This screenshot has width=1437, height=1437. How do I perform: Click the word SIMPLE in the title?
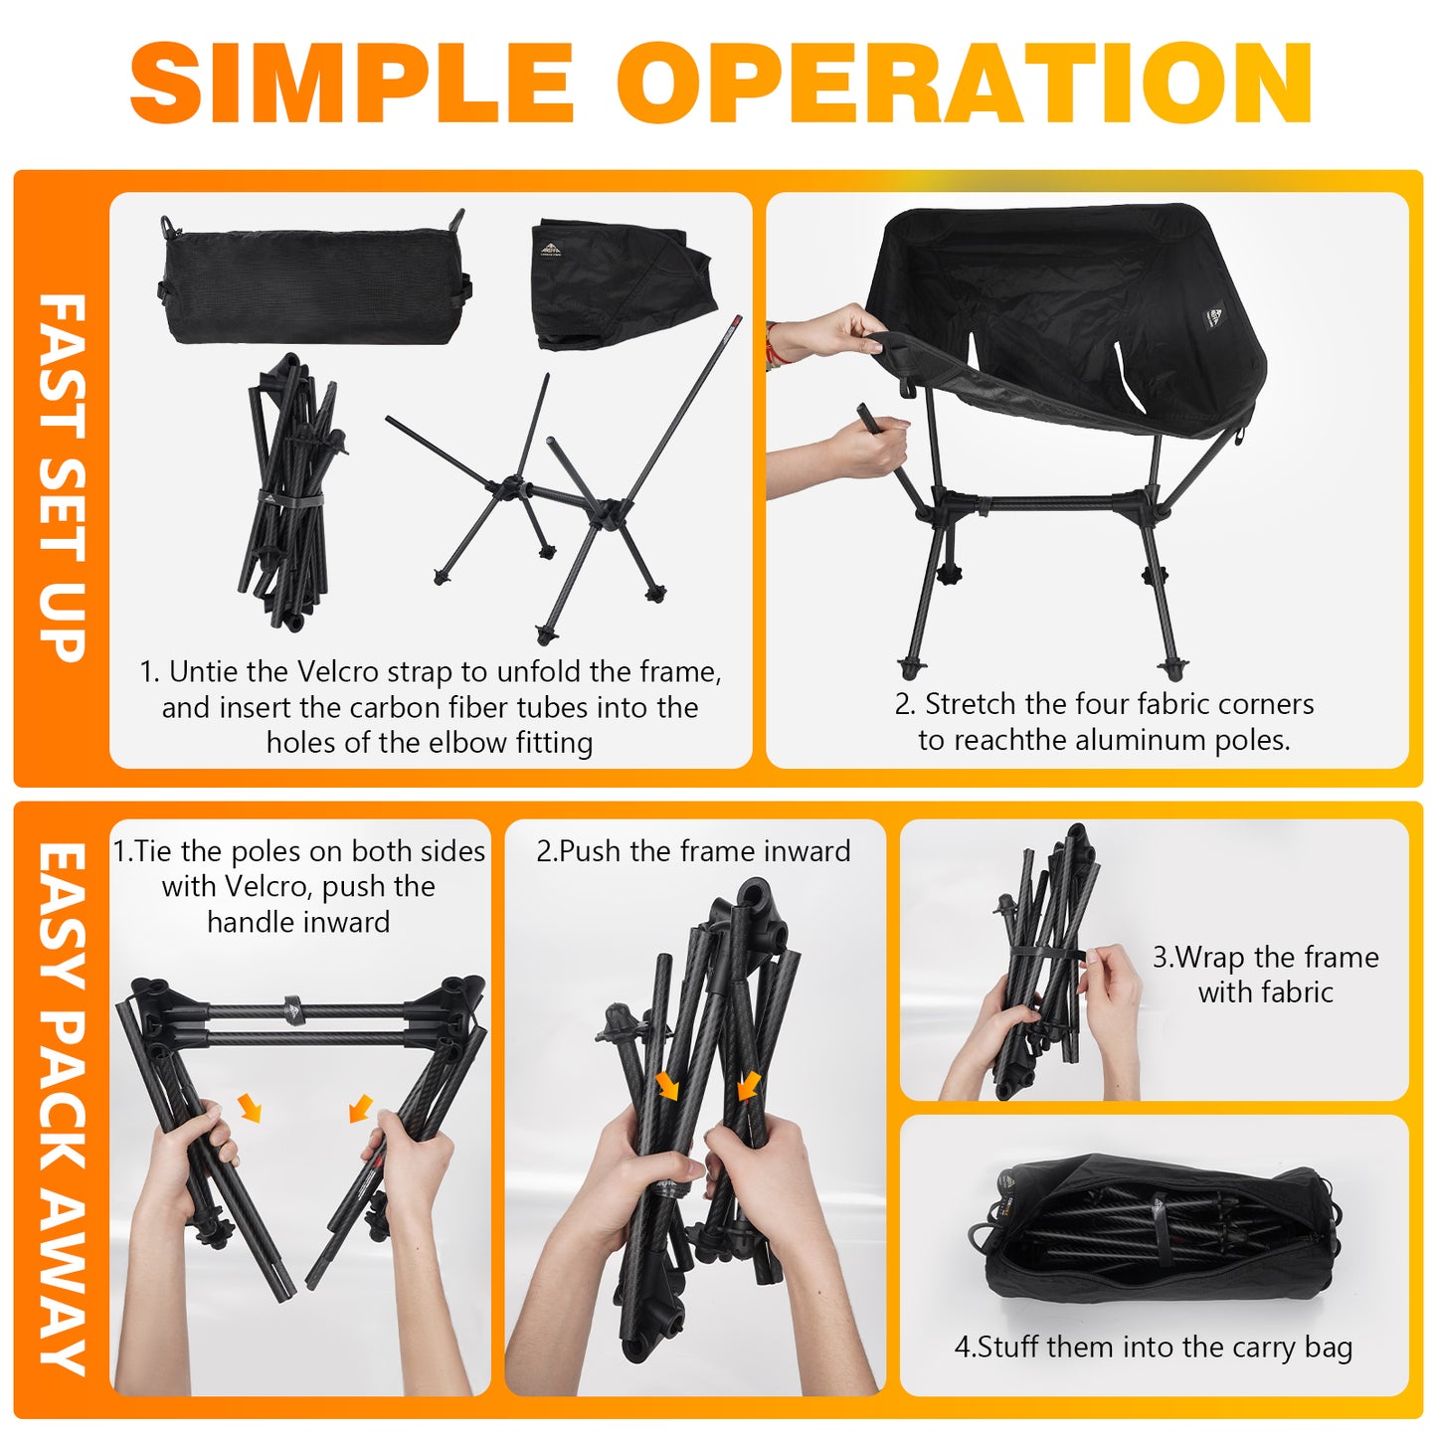point(352,83)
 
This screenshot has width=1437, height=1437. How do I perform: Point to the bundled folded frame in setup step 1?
point(290,493)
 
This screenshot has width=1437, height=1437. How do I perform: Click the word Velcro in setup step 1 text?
point(338,672)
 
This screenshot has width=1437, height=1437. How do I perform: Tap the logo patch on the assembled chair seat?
point(1214,317)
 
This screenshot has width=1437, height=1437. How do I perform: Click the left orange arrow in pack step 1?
point(250,1108)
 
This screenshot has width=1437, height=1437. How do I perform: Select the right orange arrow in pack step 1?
point(361,1108)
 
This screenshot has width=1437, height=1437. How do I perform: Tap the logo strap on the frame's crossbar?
point(293,1009)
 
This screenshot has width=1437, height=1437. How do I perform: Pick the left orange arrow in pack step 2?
point(666,1087)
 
